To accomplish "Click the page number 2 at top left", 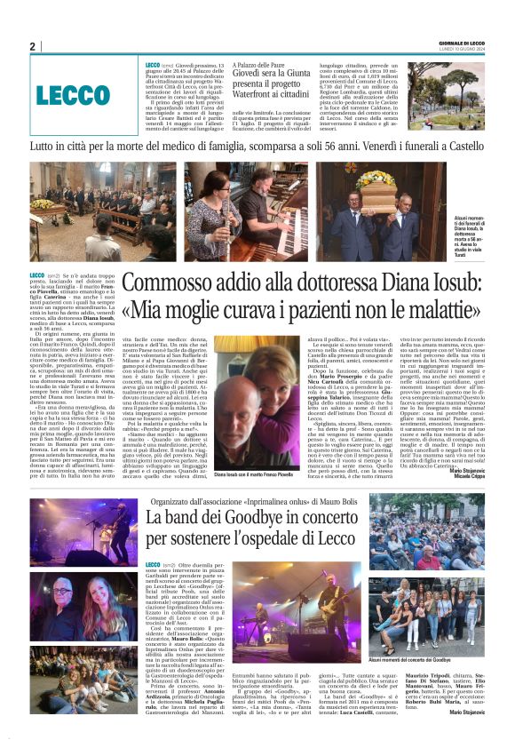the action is tap(32, 47).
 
